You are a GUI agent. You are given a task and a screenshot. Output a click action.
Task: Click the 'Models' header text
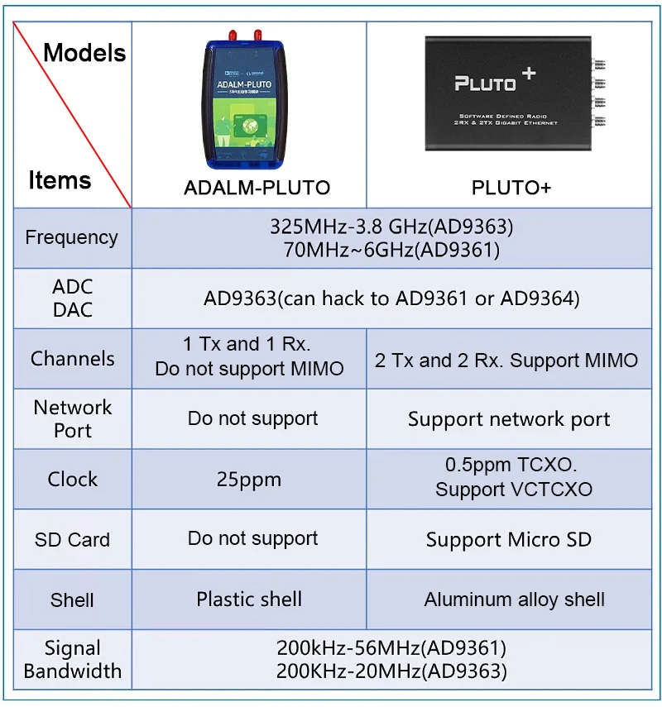[84, 53]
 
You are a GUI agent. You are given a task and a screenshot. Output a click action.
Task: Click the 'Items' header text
[60, 179]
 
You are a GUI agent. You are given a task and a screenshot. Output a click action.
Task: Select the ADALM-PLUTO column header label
[257, 188]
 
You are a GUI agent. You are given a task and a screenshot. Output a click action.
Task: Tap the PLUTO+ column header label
[511, 188]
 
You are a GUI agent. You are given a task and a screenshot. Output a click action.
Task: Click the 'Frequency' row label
[71, 237]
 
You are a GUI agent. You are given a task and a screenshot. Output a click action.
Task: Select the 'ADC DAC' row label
[72, 299]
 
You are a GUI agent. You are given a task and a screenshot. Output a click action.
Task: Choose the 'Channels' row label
[72, 359]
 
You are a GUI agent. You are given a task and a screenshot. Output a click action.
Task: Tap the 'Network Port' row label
[72, 419]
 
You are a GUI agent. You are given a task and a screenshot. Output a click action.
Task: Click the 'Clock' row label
[72, 480]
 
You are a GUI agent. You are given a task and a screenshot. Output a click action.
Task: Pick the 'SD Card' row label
[72, 540]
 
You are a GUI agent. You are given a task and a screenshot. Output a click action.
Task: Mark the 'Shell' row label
[72, 600]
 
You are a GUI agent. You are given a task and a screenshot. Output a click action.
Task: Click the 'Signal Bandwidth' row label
[72, 660]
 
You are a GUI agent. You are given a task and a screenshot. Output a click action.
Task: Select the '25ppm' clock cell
[249, 480]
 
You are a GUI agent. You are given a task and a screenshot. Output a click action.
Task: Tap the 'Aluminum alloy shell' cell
[514, 600]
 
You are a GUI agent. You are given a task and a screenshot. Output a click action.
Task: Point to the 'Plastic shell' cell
[249, 600]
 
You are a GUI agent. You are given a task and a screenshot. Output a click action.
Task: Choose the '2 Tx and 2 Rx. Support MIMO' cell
[506, 361]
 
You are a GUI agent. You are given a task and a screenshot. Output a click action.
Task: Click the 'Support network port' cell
[509, 419]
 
